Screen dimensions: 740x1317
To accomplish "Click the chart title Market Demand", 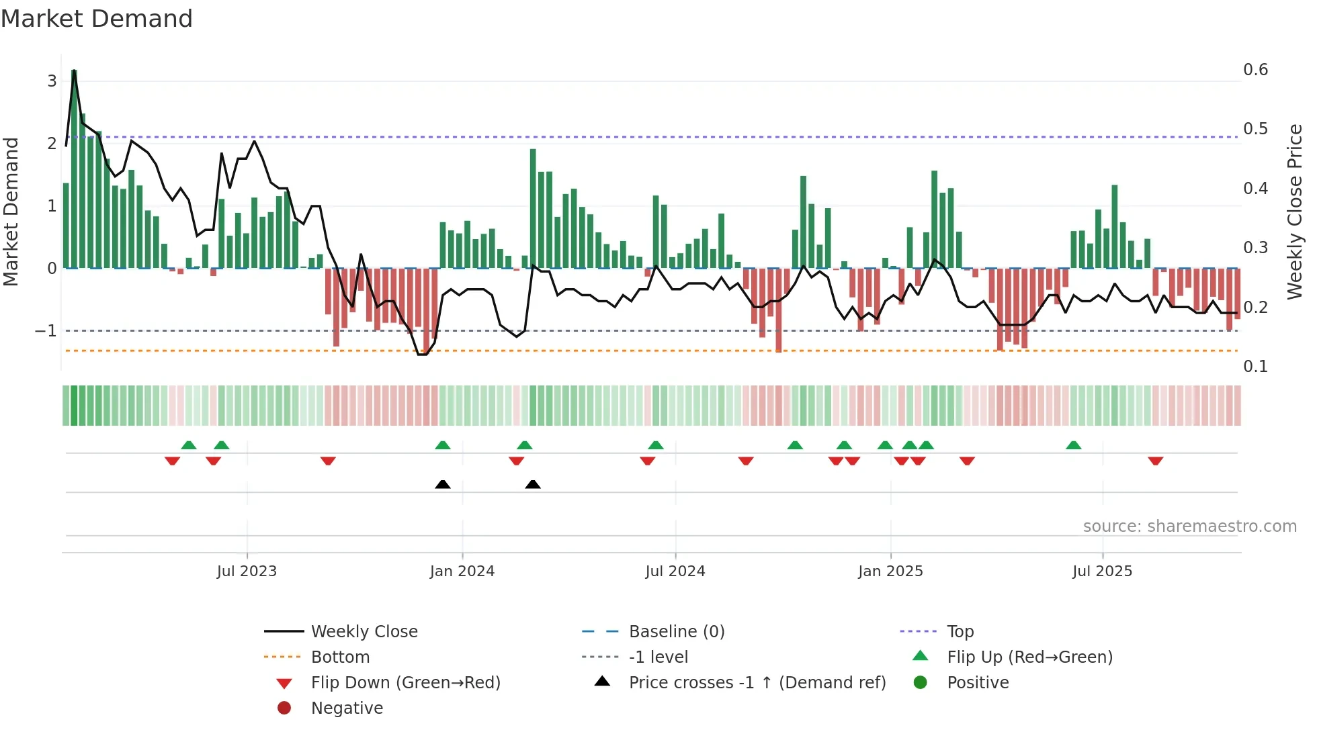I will [x=97, y=19].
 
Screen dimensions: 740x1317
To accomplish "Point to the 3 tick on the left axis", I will [x=52, y=81].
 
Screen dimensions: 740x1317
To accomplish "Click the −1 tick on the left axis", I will [x=46, y=331].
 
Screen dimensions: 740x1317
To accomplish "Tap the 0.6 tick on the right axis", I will [x=1255, y=70].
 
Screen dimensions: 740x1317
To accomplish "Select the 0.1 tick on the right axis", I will [x=1255, y=367].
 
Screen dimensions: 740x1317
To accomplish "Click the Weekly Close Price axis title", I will [x=1294, y=212].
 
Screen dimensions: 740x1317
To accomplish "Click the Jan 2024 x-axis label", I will [x=462, y=571].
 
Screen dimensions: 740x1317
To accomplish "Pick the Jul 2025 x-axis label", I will [x=1102, y=571].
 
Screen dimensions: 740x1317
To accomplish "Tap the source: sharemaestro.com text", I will [x=1189, y=526].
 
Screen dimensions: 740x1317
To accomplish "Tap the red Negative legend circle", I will [x=284, y=708].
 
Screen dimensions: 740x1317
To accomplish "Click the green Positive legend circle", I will [x=921, y=683].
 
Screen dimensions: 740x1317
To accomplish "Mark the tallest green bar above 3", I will [x=74, y=168].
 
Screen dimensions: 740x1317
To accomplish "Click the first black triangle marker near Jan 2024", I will [x=443, y=484].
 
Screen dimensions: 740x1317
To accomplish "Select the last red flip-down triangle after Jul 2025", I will [x=1156, y=461].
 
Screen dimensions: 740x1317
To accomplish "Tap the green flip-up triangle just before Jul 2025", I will [x=1074, y=445].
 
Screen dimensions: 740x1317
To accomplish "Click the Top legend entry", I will [x=960, y=632].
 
